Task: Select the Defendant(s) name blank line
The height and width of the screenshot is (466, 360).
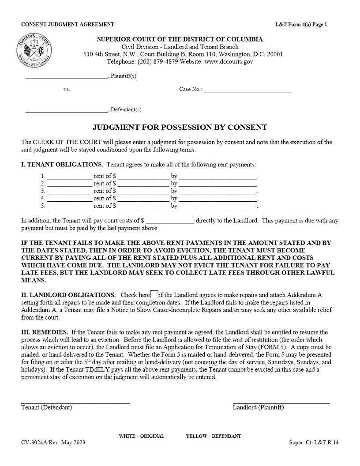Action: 66,110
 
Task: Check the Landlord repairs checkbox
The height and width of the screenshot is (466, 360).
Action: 154,294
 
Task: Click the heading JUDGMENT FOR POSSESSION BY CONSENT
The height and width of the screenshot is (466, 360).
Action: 180,128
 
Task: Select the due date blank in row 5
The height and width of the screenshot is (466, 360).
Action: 218,206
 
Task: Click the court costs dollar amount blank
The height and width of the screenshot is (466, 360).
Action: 170,221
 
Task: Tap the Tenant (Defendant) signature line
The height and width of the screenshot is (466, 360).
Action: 75,402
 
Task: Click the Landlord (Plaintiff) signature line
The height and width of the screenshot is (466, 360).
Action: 281,402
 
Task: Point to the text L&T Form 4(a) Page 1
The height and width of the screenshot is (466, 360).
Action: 301,25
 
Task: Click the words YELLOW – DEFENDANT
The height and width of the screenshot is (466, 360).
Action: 214,436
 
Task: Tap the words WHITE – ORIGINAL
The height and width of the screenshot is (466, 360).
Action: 141,436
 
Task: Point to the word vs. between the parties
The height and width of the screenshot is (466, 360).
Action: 67,90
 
